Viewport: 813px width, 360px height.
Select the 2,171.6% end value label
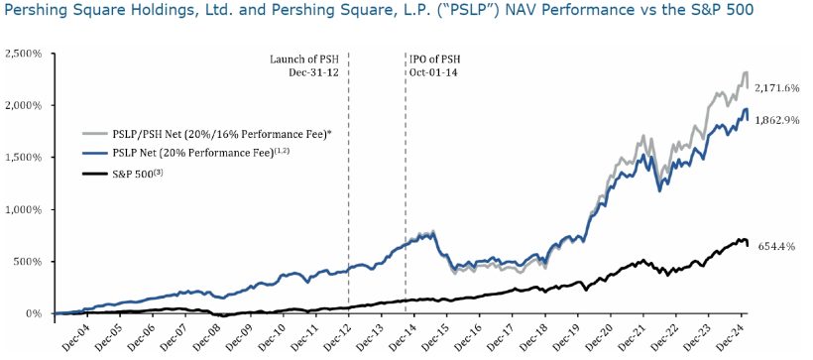click(x=776, y=88)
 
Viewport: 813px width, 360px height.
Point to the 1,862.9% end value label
click(x=776, y=118)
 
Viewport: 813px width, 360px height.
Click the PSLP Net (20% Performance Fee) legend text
click(x=209, y=153)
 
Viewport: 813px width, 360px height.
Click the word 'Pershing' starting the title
click(x=36, y=13)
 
